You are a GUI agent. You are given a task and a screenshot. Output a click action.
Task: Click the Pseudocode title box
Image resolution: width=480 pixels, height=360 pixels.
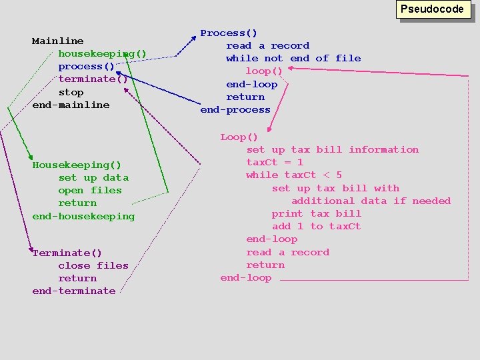tap(431, 9)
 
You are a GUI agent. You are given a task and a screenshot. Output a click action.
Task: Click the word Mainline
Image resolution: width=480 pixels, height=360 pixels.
tap(58, 41)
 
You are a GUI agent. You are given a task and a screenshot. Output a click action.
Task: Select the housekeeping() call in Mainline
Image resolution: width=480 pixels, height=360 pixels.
tap(102, 53)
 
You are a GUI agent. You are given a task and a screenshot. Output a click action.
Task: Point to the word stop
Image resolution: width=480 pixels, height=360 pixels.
tap(71, 92)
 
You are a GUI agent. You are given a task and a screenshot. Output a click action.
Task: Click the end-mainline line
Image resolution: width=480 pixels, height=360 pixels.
tap(71, 105)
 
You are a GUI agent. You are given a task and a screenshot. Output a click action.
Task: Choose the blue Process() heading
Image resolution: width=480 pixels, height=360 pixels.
tap(229, 33)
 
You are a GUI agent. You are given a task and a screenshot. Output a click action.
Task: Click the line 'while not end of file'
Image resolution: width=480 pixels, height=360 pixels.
tap(293, 58)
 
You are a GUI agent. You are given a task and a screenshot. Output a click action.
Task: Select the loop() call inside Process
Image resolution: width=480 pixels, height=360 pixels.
tap(264, 71)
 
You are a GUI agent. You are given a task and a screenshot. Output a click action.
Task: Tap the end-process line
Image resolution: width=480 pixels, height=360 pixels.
tap(235, 109)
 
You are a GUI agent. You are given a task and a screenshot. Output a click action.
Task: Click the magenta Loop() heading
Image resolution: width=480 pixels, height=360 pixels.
tap(239, 137)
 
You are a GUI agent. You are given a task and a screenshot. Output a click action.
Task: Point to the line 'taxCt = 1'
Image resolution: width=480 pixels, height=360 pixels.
tap(275, 162)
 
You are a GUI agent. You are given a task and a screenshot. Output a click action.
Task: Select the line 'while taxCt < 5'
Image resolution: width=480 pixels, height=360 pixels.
tap(294, 175)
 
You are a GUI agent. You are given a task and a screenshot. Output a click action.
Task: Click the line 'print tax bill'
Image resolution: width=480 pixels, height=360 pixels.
tap(317, 213)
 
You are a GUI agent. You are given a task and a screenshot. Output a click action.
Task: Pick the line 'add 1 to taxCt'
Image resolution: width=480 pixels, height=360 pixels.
tap(317, 226)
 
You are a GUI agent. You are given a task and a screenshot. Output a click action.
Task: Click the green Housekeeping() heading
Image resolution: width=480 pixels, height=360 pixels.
tap(77, 165)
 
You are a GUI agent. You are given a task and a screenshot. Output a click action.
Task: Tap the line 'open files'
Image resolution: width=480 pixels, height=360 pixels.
tap(90, 190)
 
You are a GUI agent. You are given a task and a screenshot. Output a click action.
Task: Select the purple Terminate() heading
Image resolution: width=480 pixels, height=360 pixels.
tap(67, 253)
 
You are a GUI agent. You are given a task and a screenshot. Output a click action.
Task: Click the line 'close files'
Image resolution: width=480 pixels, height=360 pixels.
tap(93, 265)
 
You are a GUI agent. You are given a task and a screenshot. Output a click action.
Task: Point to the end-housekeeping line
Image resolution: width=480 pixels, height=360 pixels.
tap(83, 216)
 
